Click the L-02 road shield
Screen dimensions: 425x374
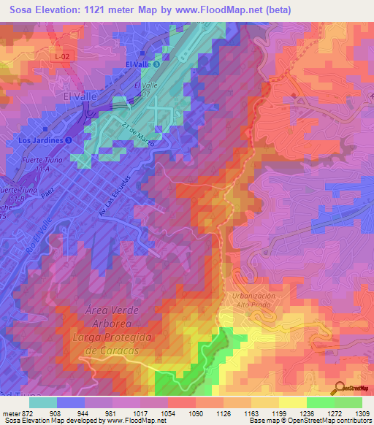pyautogui.click(x=61, y=55)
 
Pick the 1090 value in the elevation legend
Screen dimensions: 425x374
pyautogui.click(x=196, y=413)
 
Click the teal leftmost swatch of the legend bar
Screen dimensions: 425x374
pyautogui.click(x=43, y=402)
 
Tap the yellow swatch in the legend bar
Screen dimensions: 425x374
pyautogui.click(x=293, y=402)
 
